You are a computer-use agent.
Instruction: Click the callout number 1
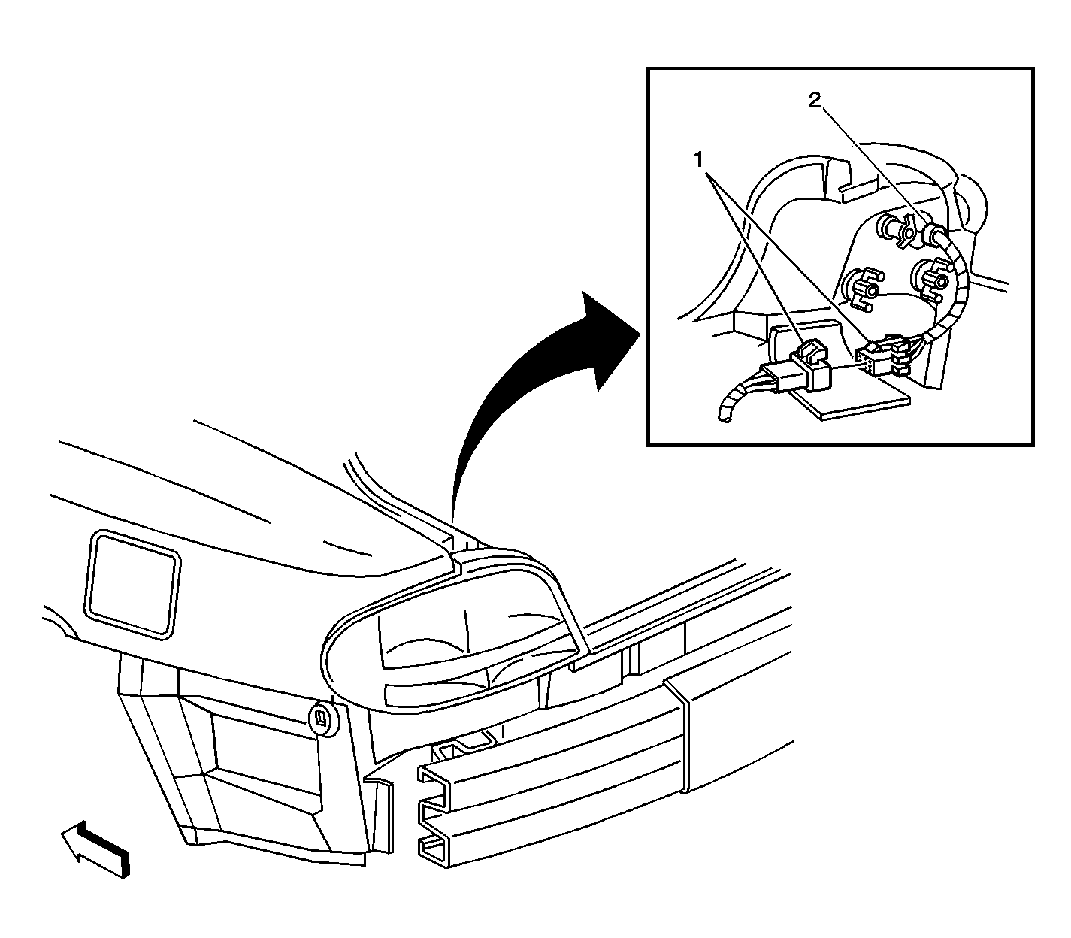click(x=698, y=159)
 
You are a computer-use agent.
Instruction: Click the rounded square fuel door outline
click(x=133, y=585)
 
